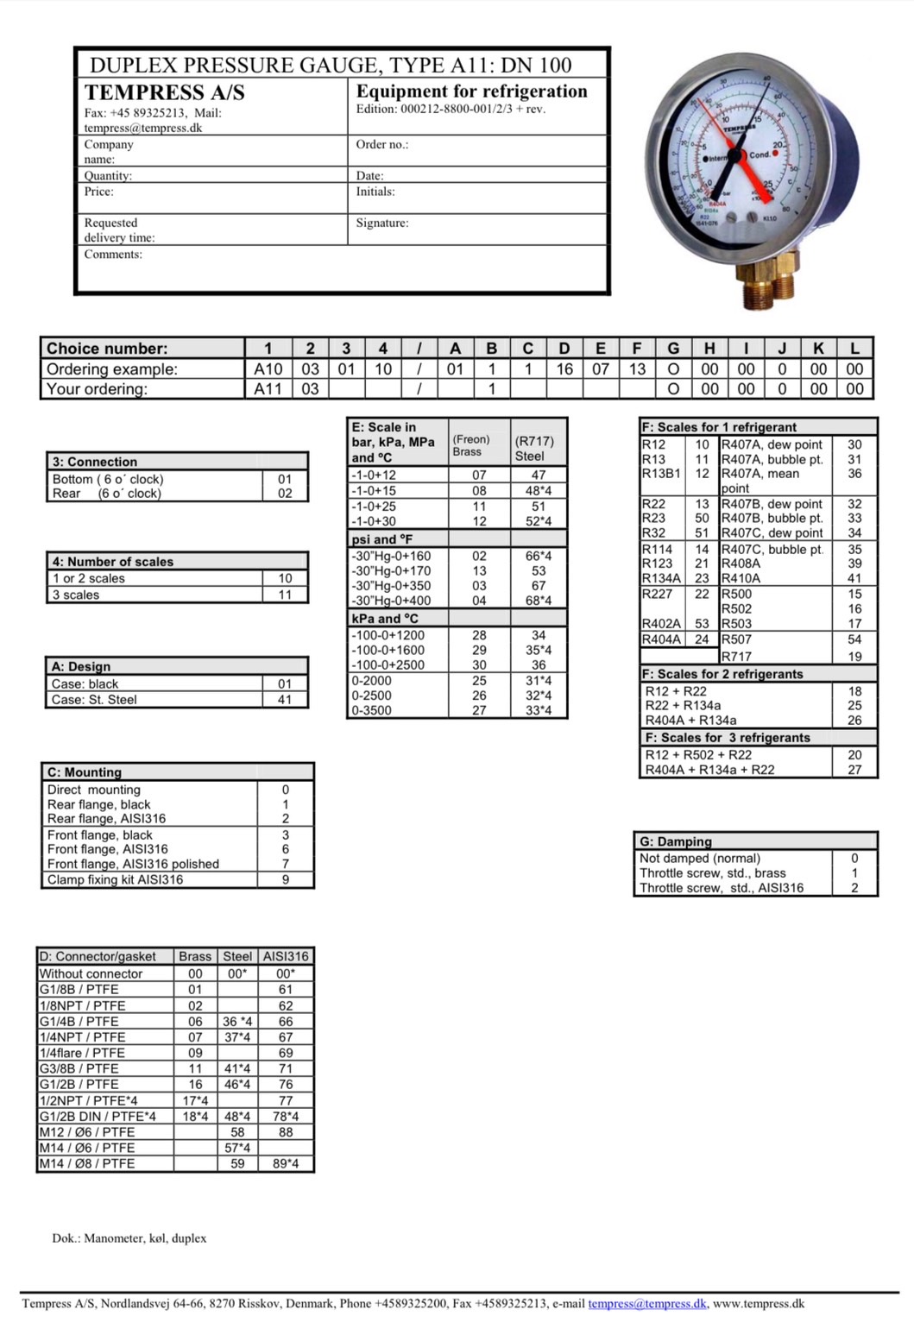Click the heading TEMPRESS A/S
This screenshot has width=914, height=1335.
pos(164,92)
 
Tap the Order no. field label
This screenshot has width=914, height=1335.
pos(381,144)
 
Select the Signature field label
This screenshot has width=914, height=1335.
pos(382,223)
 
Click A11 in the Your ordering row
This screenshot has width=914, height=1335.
pos(268,388)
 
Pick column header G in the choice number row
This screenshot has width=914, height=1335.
pos(672,348)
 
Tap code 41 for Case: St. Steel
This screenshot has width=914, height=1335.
pos(285,700)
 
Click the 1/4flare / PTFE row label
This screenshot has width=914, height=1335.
pos(82,1053)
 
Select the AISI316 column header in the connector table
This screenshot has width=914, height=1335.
pos(286,956)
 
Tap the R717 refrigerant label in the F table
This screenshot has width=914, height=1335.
pos(736,656)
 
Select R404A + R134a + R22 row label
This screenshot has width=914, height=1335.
pos(709,770)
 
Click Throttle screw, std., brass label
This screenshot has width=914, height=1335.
pos(712,872)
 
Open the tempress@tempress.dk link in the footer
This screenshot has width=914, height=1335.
pos(647,1304)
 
